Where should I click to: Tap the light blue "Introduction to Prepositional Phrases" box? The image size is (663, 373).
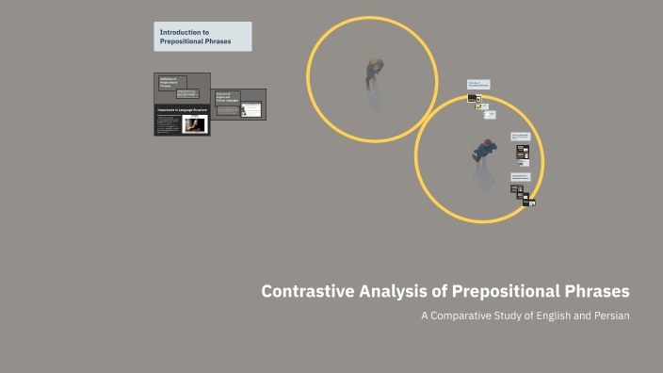tap(203, 37)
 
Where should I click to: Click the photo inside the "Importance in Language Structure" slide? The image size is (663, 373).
tap(194, 124)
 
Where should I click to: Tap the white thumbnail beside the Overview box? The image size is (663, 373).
tap(251, 109)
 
